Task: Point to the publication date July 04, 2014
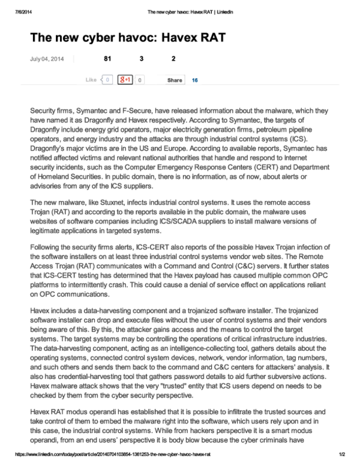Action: pyautogui.click(x=46, y=59)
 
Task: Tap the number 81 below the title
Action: pyautogui.click(x=108, y=59)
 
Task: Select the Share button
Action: pyautogui.click(x=175, y=80)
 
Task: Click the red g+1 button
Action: pyautogui.click(x=125, y=79)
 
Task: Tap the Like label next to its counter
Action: pyautogui.click(x=91, y=80)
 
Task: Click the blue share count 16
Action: pyautogui.click(x=195, y=80)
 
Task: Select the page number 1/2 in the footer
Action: pyautogui.click(x=343, y=455)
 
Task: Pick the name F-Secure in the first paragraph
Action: pyautogui.click(x=130, y=111)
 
